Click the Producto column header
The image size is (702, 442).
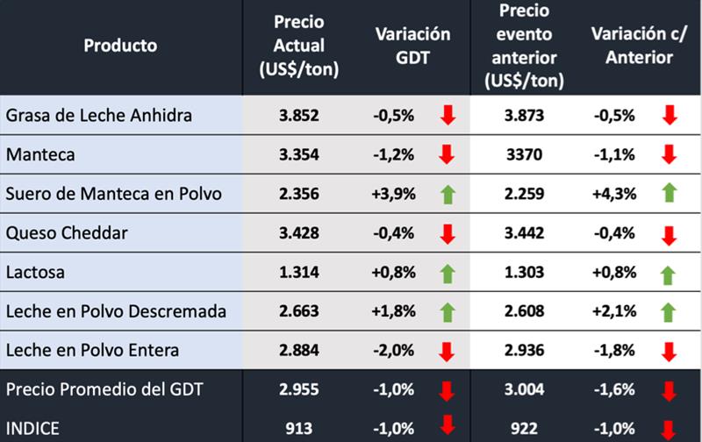pyautogui.click(x=120, y=45)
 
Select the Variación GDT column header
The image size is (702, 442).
pyautogui.click(x=412, y=45)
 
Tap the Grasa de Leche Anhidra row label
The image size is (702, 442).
pyautogui.click(x=98, y=115)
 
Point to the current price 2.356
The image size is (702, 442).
pyautogui.click(x=299, y=194)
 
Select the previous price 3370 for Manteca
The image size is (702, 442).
pyautogui.click(x=525, y=154)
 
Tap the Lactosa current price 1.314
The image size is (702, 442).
pyautogui.click(x=299, y=273)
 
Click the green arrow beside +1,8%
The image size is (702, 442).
pyautogui.click(x=448, y=312)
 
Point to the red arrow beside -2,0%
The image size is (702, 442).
pyautogui.click(x=448, y=352)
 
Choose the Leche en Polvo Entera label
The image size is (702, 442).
pyautogui.click(x=92, y=351)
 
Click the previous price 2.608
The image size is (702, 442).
pyautogui.click(x=525, y=312)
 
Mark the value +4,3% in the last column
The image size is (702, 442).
pyautogui.click(x=613, y=194)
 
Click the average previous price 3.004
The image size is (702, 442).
pyautogui.click(x=525, y=390)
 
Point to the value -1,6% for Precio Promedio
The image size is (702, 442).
pyautogui.click(x=613, y=390)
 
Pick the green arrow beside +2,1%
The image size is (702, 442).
pyautogui.click(x=669, y=312)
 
